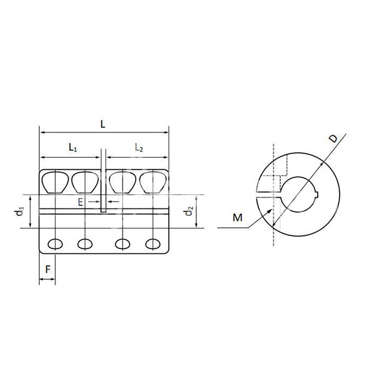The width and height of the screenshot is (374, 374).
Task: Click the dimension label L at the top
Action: coord(102,124)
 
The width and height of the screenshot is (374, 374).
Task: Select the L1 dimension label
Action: coord(73,147)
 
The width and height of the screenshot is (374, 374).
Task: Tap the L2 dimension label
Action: coord(139,148)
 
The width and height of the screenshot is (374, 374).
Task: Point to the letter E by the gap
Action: coord(81,203)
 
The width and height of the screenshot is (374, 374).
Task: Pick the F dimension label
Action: coord(48,269)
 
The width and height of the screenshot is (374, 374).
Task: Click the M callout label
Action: coord(238,217)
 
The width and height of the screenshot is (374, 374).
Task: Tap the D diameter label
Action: coord(333,138)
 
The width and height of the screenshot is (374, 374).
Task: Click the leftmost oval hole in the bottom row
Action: coord(55,244)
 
